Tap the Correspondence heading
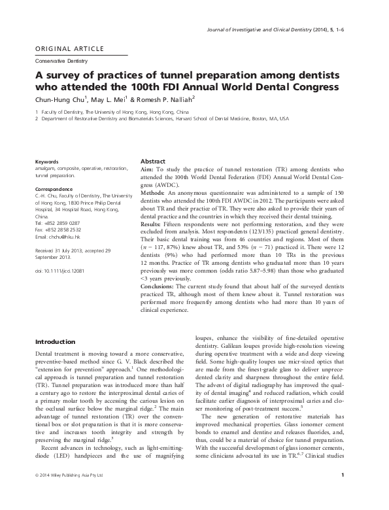pos(55,188)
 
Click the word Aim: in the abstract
pos(148,168)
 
